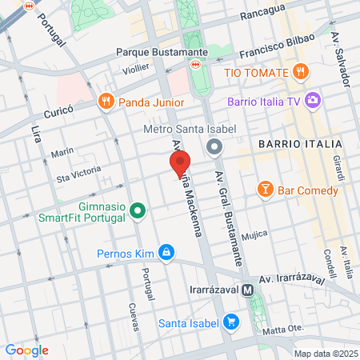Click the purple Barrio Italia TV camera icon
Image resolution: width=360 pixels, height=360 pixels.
[x=313, y=102]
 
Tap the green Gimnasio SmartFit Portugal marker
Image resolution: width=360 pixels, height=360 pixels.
[x=138, y=211]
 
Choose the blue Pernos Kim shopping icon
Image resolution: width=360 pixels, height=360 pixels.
[x=166, y=253]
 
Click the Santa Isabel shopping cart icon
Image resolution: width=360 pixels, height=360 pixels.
[x=231, y=322]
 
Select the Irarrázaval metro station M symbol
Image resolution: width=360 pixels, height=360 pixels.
[x=249, y=290]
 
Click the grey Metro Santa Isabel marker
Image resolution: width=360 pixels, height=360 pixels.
[x=214, y=147]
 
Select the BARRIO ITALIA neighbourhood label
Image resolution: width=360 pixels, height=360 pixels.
[x=300, y=143]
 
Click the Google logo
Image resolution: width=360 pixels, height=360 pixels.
[x=26, y=350]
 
